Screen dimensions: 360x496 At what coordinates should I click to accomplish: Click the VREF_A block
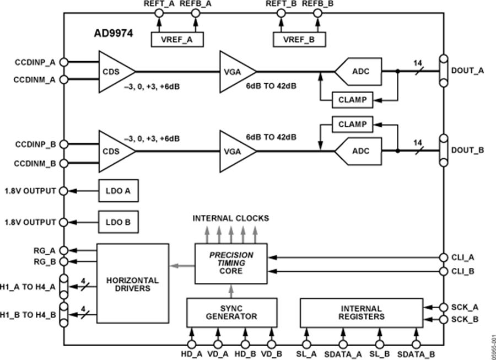tap(177, 39)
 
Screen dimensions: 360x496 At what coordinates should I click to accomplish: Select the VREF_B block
tap(299, 39)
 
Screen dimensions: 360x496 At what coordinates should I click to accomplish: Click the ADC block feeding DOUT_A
tap(358, 71)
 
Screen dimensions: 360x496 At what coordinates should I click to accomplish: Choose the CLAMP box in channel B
tap(352, 124)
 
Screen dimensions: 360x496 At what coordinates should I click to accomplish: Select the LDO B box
tap(118, 222)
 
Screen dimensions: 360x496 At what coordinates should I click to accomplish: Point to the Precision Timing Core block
tap(231, 264)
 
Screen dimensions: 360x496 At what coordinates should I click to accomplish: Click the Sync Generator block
tap(231, 313)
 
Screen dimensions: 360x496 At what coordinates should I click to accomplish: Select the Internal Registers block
tap(361, 313)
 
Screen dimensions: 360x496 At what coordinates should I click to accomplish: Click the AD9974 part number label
tap(112, 33)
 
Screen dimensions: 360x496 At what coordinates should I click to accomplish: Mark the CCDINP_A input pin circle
tap(64, 62)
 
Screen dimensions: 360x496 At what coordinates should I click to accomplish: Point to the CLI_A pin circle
tap(444, 257)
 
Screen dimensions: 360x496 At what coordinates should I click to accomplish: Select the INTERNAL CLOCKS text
tap(230, 218)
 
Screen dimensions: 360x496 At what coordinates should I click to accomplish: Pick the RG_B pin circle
tap(64, 261)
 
